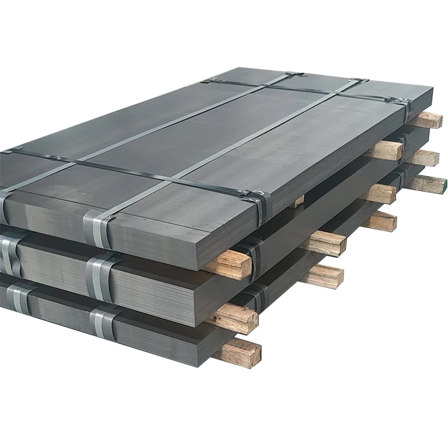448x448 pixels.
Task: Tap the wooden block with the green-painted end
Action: [x=429, y=183]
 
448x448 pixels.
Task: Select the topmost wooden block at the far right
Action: [x=426, y=120]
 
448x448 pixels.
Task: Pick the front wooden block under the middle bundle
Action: [x=236, y=317]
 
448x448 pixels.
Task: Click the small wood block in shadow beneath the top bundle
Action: [x=298, y=201]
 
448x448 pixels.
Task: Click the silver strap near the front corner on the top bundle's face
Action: [x=98, y=227]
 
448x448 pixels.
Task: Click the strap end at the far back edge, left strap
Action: [x=293, y=74]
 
